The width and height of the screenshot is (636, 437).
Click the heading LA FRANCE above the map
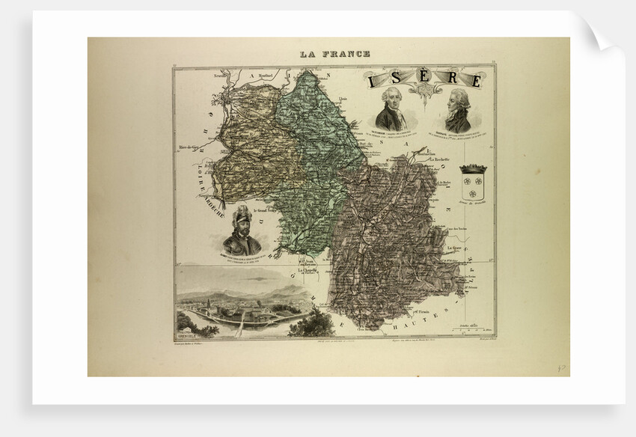coord(334,54)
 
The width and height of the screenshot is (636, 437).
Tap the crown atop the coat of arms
coord(474,169)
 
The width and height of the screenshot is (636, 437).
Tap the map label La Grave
coord(453,247)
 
